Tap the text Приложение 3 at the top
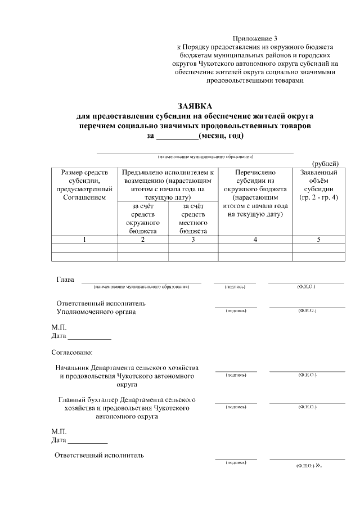coord(255,38)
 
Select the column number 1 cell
coord(84,240)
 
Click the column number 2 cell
coord(143,240)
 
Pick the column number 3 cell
coord(193,240)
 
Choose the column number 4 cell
coord(255,240)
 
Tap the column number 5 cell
coord(319,240)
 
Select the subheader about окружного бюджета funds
coord(143,218)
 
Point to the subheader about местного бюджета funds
coord(193,218)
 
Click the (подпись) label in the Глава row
coord(235,287)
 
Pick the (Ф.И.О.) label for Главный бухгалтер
coord(307,406)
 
